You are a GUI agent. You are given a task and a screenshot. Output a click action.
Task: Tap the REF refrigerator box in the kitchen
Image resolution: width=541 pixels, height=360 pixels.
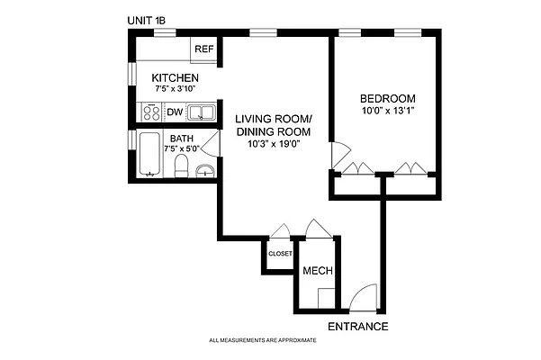point(203,49)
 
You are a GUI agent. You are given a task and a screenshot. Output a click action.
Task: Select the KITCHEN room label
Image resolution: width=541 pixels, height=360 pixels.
point(175,78)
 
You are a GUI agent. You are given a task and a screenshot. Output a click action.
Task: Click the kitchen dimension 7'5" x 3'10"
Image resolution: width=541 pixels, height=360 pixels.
point(175,90)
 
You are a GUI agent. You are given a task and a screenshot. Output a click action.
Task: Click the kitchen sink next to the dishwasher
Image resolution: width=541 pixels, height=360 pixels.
point(201,113)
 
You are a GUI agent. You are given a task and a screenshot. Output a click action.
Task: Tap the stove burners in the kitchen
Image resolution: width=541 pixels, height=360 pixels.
point(150,113)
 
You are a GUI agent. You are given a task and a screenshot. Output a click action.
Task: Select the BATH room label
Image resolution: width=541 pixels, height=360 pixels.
point(182,139)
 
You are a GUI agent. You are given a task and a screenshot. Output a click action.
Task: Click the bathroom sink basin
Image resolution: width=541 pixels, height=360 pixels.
point(206,170)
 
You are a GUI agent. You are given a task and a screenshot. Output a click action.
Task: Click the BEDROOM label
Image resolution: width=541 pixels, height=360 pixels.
point(387,98)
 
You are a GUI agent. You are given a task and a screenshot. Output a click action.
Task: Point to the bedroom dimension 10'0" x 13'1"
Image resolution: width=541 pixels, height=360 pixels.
point(387,111)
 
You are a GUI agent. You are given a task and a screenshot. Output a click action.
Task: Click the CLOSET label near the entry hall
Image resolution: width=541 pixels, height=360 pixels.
point(280,254)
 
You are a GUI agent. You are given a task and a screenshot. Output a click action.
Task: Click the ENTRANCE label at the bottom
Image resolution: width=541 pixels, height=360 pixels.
point(357,326)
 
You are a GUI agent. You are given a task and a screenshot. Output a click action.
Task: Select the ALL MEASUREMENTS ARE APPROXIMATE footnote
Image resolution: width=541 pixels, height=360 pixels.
point(262,341)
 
